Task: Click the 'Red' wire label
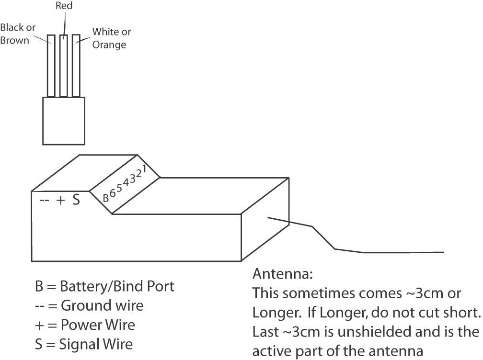tap(64, 6)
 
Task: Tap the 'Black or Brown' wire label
tap(18, 34)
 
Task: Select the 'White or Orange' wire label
tap(111, 38)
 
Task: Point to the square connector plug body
tap(64, 121)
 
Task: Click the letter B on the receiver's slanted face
tap(106, 197)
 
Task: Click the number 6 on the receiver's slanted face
tap(113, 192)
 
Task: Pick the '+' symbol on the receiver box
tap(61, 201)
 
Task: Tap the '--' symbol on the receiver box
tap(44, 201)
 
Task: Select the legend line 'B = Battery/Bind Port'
tap(104, 287)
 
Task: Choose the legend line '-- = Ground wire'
tap(89, 305)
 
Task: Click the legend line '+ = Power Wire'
tap(85, 325)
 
